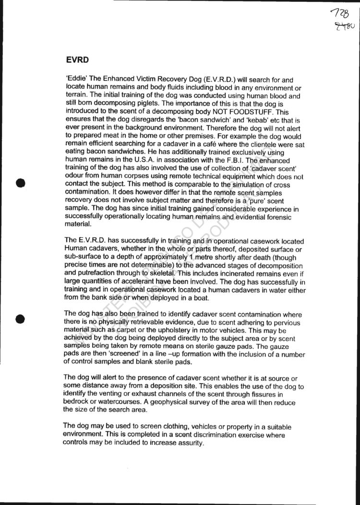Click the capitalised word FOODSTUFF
[244, 112]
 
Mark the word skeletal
[139, 273]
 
